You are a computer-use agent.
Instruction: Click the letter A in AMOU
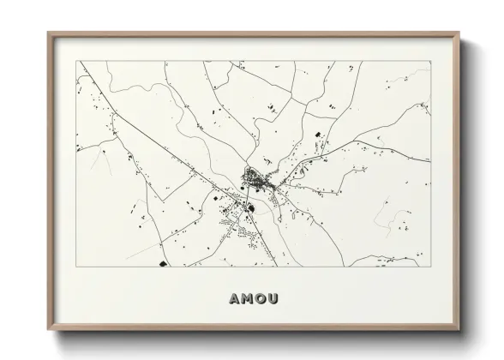click(235, 300)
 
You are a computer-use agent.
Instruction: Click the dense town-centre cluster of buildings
click(255, 179)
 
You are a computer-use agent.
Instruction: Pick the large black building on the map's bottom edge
click(161, 264)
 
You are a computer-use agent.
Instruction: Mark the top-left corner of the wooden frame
click(48, 33)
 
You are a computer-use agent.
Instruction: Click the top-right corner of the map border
click(429, 60)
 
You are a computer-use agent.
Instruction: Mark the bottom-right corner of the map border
click(429, 267)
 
